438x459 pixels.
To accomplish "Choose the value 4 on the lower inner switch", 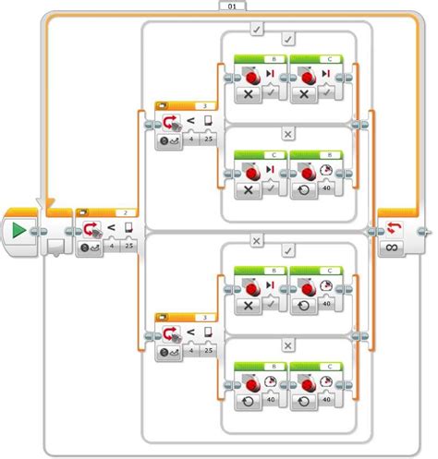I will point(189,351).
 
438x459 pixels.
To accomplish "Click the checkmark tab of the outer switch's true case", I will point(258,29).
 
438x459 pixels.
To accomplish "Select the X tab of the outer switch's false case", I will point(258,239).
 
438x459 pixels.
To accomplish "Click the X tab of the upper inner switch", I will point(287,135).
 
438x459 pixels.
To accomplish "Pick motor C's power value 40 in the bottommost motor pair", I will point(326,402).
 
